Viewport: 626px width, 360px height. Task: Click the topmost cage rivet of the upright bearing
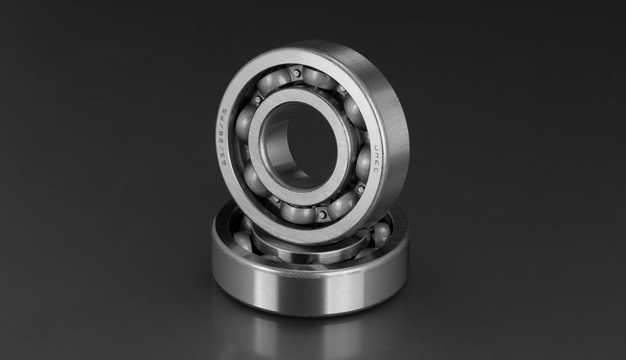coord(296,73)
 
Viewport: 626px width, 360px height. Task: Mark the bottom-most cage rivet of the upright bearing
coord(322,215)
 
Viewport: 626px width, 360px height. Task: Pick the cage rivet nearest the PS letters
coord(258,98)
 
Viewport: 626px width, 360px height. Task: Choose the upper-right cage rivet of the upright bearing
coord(342,88)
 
